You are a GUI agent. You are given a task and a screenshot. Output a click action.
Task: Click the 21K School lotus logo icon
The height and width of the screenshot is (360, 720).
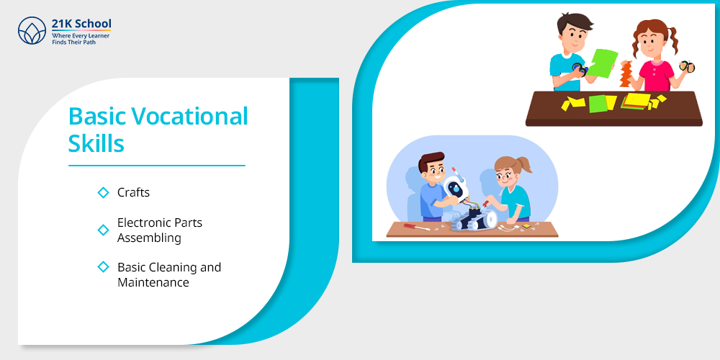(x=32, y=31)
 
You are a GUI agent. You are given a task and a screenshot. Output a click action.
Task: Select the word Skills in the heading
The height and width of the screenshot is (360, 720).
(x=96, y=143)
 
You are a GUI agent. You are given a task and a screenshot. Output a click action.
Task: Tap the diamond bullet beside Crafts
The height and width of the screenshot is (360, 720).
(x=103, y=192)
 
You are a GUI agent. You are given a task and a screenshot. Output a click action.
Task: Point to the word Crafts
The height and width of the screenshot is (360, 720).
(x=134, y=192)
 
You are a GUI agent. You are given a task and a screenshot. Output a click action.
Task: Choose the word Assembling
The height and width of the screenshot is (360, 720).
(x=149, y=238)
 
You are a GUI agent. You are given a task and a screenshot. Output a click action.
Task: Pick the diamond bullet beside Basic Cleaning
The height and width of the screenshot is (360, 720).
(x=103, y=267)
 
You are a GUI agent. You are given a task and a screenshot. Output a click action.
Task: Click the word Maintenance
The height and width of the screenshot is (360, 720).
(x=153, y=282)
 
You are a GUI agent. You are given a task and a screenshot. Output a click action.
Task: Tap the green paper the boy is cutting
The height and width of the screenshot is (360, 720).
(x=603, y=63)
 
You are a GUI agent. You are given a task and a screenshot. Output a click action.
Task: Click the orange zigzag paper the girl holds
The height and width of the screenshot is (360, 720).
(x=626, y=74)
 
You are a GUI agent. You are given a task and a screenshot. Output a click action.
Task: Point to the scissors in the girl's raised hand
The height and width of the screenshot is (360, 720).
(x=687, y=66)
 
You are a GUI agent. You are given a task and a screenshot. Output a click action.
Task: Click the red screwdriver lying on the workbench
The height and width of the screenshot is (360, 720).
(x=416, y=227)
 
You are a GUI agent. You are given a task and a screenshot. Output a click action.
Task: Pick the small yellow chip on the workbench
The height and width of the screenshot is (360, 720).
(x=526, y=225)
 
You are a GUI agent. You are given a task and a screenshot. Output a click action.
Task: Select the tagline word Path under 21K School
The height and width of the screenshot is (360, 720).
(x=89, y=42)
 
